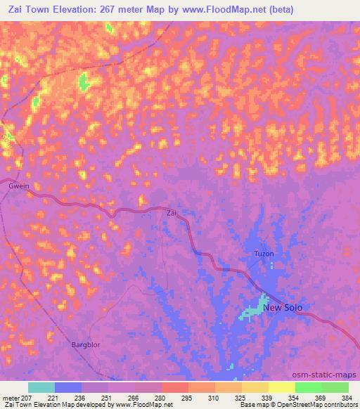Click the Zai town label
tap(171, 212)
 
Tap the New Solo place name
tap(283, 307)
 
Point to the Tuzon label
tap(263, 254)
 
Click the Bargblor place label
tap(88, 344)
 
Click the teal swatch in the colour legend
tap(41, 387)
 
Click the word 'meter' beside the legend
tap(10, 398)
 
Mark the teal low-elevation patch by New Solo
tap(251, 311)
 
